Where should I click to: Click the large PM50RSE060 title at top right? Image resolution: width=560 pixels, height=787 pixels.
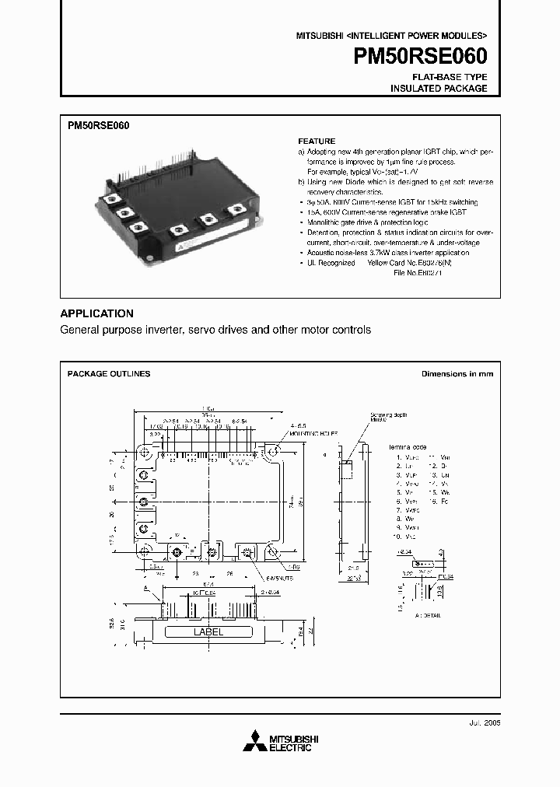421,56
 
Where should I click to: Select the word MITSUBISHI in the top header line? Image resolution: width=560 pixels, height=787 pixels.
319,37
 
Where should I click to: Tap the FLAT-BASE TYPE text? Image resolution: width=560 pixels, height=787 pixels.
450,77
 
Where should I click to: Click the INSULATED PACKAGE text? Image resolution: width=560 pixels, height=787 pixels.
439,89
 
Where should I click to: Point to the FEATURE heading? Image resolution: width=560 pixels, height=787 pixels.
317,142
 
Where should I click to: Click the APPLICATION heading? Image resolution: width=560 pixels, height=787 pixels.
96,313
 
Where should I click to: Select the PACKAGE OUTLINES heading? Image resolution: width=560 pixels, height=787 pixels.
109,374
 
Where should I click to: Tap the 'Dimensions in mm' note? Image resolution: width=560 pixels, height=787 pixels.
457,374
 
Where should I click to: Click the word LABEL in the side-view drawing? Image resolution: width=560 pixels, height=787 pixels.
208,632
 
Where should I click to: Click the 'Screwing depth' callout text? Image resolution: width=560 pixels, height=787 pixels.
388,414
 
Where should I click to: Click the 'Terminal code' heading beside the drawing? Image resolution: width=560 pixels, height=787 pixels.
408,448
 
